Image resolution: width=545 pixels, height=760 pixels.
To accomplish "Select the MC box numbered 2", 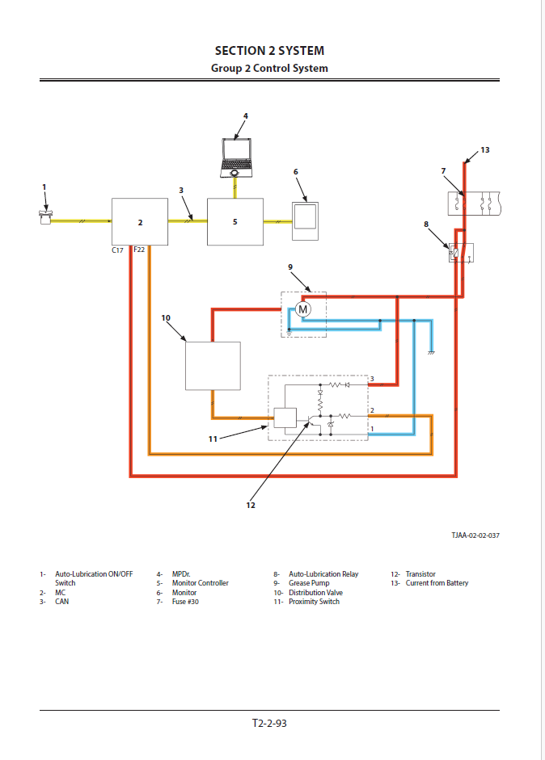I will tap(140, 222).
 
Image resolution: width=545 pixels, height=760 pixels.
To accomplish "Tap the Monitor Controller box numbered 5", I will tap(235, 221).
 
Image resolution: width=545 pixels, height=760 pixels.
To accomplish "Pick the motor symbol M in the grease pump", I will tap(303, 309).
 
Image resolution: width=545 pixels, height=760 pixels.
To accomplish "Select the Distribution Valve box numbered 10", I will tap(213, 366).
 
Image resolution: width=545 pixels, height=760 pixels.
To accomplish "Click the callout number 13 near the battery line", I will tap(485, 150).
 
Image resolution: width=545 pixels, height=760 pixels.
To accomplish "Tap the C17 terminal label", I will tap(118, 250).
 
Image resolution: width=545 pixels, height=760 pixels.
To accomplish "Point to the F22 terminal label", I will tap(139, 250).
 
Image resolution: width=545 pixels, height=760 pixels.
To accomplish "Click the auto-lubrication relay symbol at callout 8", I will tap(461, 253).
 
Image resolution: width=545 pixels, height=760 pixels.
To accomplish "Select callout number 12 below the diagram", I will tap(251, 505).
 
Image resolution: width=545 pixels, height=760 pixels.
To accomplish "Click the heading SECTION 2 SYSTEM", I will tap(269, 51).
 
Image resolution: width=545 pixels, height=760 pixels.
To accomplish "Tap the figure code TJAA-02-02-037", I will tap(475, 535).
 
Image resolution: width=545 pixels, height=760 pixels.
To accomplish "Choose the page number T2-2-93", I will tap(269, 723).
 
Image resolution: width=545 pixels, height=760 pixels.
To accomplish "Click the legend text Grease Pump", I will tap(309, 583).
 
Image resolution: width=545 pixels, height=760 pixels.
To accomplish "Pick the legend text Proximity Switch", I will tap(314, 602).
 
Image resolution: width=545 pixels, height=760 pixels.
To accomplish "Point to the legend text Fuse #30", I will tap(185, 602).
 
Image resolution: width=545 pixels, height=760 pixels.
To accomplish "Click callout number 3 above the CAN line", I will tap(182, 191).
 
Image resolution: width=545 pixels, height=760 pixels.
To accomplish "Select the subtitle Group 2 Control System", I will tap(269, 69).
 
